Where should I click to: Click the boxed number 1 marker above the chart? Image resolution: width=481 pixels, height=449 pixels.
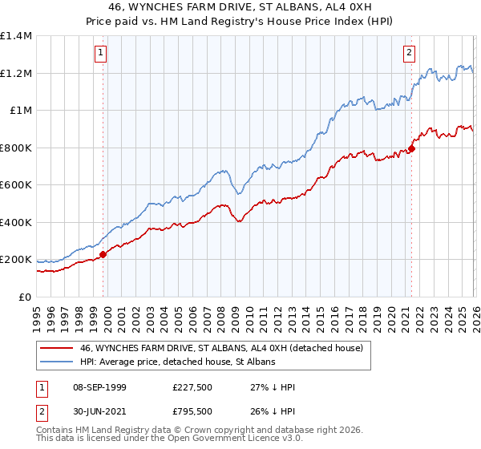tap(102, 54)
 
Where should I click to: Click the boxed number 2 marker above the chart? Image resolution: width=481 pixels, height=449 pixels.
tap(409, 54)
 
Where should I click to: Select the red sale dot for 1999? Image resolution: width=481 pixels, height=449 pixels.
tap(103, 255)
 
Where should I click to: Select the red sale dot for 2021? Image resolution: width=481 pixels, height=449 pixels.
tap(411, 148)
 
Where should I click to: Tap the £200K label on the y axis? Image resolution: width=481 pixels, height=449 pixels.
tap(15, 260)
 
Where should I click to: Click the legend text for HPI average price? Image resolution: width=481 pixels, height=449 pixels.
tap(177, 362)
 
